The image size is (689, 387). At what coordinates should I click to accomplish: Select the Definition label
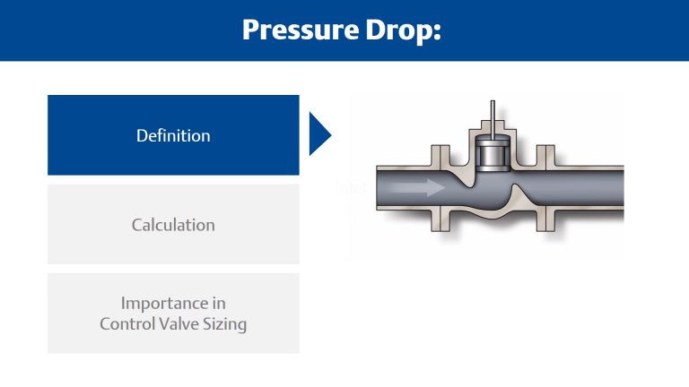click(x=173, y=136)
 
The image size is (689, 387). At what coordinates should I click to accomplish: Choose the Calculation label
click(x=173, y=224)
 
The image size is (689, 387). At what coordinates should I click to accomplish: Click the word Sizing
click(x=227, y=324)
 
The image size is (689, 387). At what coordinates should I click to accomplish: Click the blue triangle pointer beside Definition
click(x=319, y=135)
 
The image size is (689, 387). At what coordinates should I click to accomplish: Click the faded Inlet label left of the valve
click(x=344, y=188)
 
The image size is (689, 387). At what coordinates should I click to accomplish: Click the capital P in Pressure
click(x=251, y=30)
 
